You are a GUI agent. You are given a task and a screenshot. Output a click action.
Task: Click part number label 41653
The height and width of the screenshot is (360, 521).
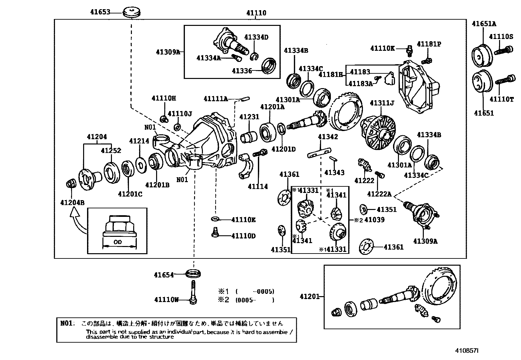(x=100, y=12)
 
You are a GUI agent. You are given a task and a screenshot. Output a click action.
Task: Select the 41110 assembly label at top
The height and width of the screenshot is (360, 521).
(x=256, y=13)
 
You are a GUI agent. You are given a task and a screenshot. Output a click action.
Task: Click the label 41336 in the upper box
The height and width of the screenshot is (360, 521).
(x=242, y=71)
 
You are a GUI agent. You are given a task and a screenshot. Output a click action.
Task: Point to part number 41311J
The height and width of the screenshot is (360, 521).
(x=382, y=103)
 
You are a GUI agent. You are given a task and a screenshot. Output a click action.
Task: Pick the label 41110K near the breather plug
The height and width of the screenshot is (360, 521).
(x=382, y=48)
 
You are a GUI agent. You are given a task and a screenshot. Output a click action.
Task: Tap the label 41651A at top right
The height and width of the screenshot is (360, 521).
(x=484, y=24)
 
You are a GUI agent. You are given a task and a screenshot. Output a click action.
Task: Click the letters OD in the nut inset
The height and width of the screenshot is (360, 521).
(x=118, y=242)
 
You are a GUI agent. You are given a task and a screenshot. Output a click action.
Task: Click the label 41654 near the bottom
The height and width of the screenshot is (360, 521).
(x=164, y=275)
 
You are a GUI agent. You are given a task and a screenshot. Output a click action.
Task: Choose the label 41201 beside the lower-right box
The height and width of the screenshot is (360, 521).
(x=309, y=296)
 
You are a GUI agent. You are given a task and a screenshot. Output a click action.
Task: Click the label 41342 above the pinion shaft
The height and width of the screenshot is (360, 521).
(x=328, y=137)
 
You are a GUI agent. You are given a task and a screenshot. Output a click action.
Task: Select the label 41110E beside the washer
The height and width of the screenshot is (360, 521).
(x=243, y=219)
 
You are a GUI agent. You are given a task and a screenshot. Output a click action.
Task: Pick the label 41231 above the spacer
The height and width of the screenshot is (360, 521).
(x=249, y=117)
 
